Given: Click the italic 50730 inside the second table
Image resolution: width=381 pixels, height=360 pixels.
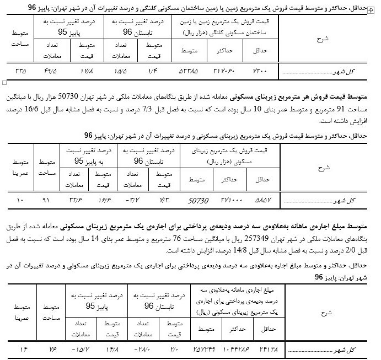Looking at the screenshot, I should (x=198, y=198).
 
